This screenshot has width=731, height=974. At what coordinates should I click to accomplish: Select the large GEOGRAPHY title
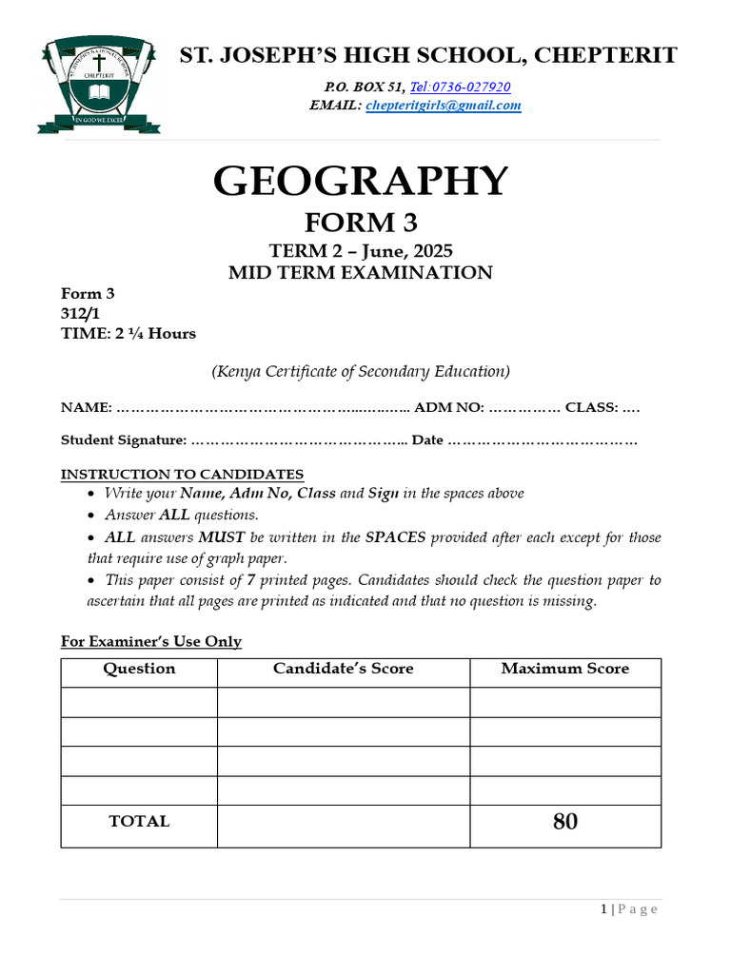(361, 181)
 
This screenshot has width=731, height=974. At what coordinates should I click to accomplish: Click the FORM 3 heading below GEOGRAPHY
(361, 224)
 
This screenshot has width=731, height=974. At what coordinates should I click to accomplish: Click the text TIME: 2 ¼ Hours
(128, 333)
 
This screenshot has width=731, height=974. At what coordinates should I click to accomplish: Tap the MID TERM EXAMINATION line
(361, 273)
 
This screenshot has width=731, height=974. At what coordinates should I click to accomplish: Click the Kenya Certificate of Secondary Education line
(361, 371)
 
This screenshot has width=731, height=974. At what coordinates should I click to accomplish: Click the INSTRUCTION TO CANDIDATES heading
(183, 474)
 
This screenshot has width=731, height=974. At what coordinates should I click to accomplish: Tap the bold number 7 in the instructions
(250, 580)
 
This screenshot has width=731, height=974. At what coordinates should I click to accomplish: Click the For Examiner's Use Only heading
(151, 641)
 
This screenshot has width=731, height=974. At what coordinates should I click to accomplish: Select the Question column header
(139, 669)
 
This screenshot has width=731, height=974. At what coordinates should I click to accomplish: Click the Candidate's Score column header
(343, 669)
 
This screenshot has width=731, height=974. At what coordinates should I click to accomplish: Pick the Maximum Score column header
(564, 669)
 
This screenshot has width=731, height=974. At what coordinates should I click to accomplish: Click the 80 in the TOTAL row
(564, 822)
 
